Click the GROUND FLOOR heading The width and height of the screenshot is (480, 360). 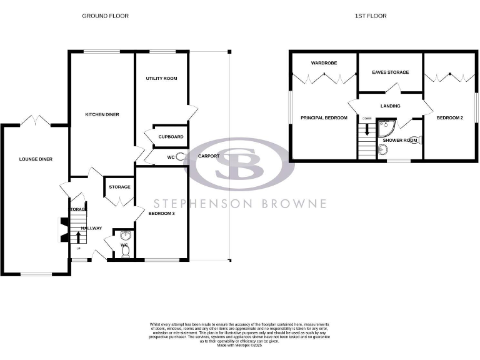(x=105, y=16)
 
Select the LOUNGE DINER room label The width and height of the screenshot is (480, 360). (x=36, y=159)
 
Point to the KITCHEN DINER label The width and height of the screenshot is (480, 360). (x=102, y=114)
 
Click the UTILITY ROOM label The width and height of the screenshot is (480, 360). (x=161, y=79)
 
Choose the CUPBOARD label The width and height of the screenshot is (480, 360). (x=171, y=136)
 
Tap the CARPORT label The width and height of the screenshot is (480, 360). (x=208, y=156)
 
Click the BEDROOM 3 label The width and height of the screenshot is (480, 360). (x=162, y=214)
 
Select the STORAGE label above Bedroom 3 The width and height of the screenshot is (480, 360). (x=119, y=187)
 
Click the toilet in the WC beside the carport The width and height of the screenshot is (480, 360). (x=181, y=157)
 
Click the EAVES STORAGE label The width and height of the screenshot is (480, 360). (x=390, y=72)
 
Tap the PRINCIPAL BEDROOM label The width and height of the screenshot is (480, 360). (x=323, y=117)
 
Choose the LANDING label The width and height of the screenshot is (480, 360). (x=390, y=106)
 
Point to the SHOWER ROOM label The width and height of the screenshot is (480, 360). (x=400, y=140)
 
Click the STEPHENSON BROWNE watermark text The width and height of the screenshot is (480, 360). (x=241, y=204)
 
